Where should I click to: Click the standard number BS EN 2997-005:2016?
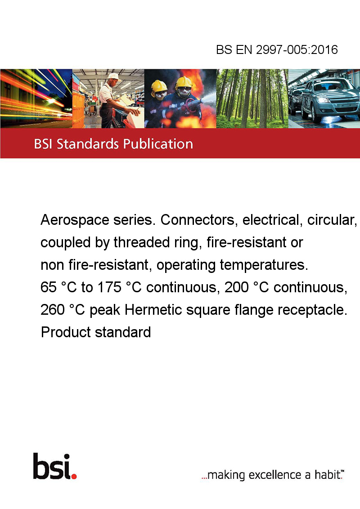[277, 49]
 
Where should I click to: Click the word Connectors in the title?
[197, 220]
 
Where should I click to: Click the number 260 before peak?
[52, 310]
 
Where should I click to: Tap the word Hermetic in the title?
[153, 310]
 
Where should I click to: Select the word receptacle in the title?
[312, 310]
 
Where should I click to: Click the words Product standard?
[96, 332]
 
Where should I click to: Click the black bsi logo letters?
[52, 466]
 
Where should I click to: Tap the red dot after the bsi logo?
[74, 476]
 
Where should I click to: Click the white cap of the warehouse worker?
[113, 76]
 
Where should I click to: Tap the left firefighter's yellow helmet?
[159, 86]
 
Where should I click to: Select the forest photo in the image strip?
[252, 98]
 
